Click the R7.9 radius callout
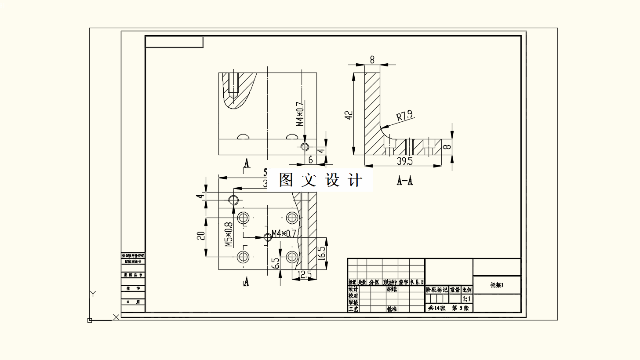pyautogui.click(x=404, y=116)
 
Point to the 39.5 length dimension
pyautogui.click(x=404, y=161)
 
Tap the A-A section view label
pyautogui.click(x=405, y=180)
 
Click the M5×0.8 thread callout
pyautogui.click(x=228, y=234)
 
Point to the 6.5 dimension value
pyautogui.click(x=276, y=263)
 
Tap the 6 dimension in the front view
pyautogui.click(x=310, y=160)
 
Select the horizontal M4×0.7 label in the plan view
pyautogui.click(x=284, y=233)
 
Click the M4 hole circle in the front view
pyautogui.click(x=305, y=146)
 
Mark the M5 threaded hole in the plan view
pyautogui.click(x=243, y=217)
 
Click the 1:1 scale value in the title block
pyautogui.click(x=467, y=299)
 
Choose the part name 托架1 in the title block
pyautogui.click(x=497, y=285)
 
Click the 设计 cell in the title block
pyautogui.click(x=353, y=289)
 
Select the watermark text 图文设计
pyautogui.click(x=321, y=180)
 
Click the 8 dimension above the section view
pyautogui.click(x=372, y=59)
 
